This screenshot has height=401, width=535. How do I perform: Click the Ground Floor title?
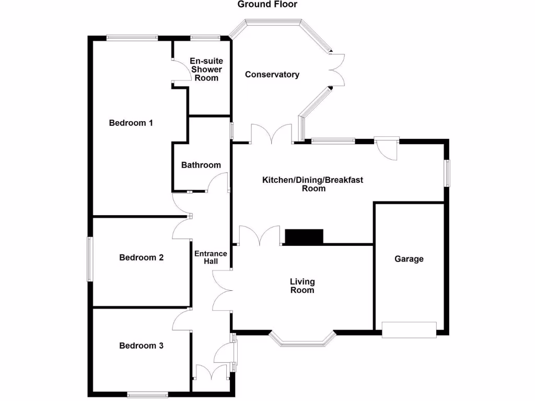click(267, 4)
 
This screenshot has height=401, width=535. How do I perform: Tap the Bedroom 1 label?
click(131, 123)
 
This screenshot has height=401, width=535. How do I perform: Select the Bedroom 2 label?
click(141, 257)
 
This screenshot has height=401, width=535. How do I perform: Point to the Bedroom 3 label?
click(141, 346)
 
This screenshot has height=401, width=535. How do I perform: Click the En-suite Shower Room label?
click(206, 69)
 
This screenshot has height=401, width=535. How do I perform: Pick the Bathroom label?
click(201, 165)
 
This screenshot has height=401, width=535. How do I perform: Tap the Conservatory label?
click(272, 74)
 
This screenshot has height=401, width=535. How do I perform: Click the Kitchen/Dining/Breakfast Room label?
click(312, 184)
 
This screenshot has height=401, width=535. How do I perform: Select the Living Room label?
click(303, 286)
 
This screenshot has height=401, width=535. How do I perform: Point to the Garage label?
click(409, 259)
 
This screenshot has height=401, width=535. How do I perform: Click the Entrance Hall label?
click(211, 257)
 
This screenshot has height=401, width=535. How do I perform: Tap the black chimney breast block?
click(304, 237)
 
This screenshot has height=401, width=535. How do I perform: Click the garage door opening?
click(409, 330)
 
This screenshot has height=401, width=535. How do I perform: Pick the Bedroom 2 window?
click(90, 259)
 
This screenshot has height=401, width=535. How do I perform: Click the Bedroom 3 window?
click(147, 395)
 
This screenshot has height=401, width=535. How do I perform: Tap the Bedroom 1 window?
click(132, 38)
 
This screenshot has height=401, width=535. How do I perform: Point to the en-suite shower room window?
click(205, 38)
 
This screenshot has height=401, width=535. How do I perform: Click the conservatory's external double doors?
click(337, 70)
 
